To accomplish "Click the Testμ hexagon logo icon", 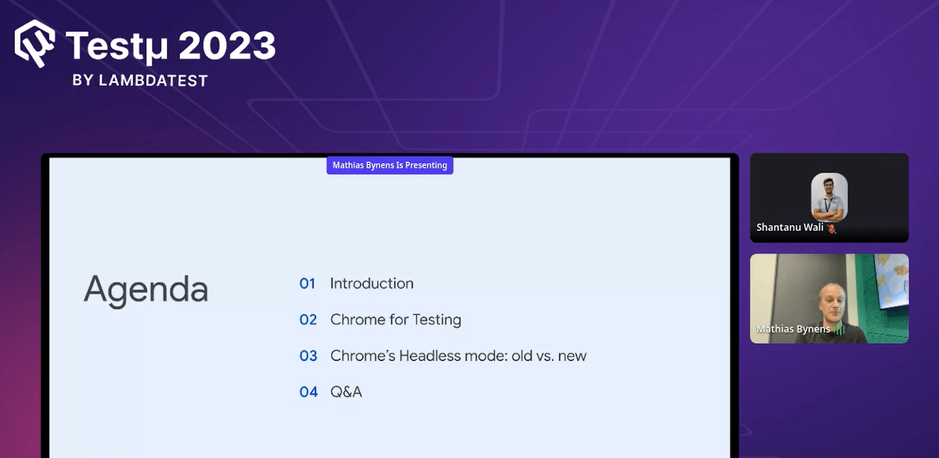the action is pyautogui.click(x=35, y=43).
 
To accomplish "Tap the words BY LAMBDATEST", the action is pyautogui.click(x=140, y=80).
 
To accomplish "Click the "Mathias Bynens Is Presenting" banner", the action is pyautogui.click(x=390, y=165).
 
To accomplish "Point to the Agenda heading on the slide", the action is pyautogui.click(x=146, y=290).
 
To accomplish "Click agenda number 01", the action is pyautogui.click(x=308, y=284).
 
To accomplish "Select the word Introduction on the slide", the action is pyautogui.click(x=372, y=284).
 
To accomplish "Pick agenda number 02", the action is pyautogui.click(x=308, y=319).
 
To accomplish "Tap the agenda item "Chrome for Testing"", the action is pyautogui.click(x=396, y=320).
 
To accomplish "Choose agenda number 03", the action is pyautogui.click(x=308, y=356).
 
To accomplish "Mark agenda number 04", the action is pyautogui.click(x=309, y=392).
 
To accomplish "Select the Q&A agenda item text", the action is pyautogui.click(x=346, y=392).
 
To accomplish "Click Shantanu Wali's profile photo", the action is pyautogui.click(x=829, y=197).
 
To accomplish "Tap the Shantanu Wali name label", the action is pyautogui.click(x=790, y=227).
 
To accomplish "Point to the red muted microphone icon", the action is pyautogui.click(x=832, y=228).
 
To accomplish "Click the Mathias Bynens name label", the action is pyautogui.click(x=793, y=329).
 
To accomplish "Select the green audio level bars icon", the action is pyautogui.click(x=839, y=329).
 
